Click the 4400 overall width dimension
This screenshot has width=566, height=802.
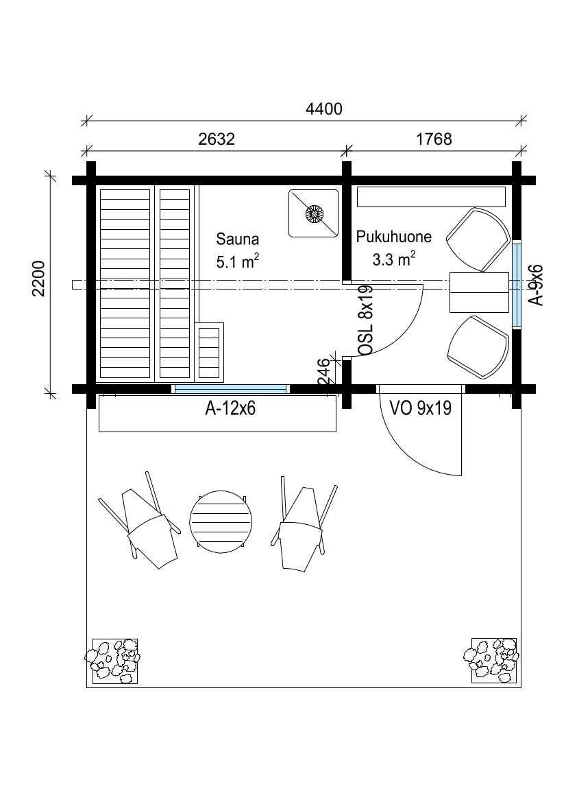pyautogui.click(x=323, y=109)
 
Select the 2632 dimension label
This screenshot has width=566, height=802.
pyautogui.click(x=216, y=139)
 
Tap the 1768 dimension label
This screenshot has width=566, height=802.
pyautogui.click(x=434, y=139)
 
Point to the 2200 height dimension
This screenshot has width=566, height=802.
pyautogui.click(x=39, y=279)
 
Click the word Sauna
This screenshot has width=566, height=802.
pyautogui.click(x=237, y=239)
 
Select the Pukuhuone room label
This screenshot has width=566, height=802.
pyautogui.click(x=393, y=237)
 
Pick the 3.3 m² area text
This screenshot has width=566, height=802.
pyautogui.click(x=393, y=259)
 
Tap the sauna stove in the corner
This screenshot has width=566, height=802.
pyautogui.click(x=314, y=213)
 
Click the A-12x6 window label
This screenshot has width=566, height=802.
pyautogui.click(x=230, y=409)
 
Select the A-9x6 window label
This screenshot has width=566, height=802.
pyautogui.click(x=537, y=285)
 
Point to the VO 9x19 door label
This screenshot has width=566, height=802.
pyautogui.click(x=421, y=408)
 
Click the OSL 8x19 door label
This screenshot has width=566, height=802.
pyautogui.click(x=367, y=320)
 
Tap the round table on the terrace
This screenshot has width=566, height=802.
pyautogui.click(x=221, y=522)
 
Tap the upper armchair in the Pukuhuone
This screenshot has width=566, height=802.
pyautogui.click(x=479, y=239)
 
